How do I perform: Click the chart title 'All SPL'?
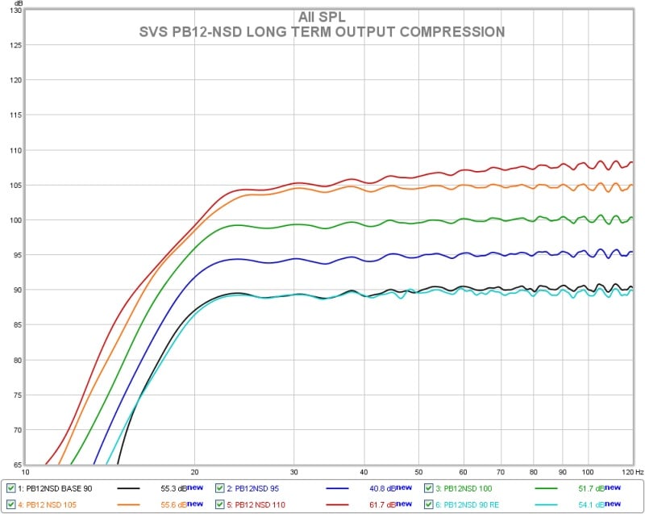click(x=322, y=17)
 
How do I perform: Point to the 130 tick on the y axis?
click(x=15, y=10)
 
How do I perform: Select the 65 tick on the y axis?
click(x=16, y=465)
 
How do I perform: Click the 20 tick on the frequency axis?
click(x=194, y=472)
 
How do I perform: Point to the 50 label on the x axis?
click(x=418, y=472)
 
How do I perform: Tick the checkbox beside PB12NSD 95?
click(x=220, y=488)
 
